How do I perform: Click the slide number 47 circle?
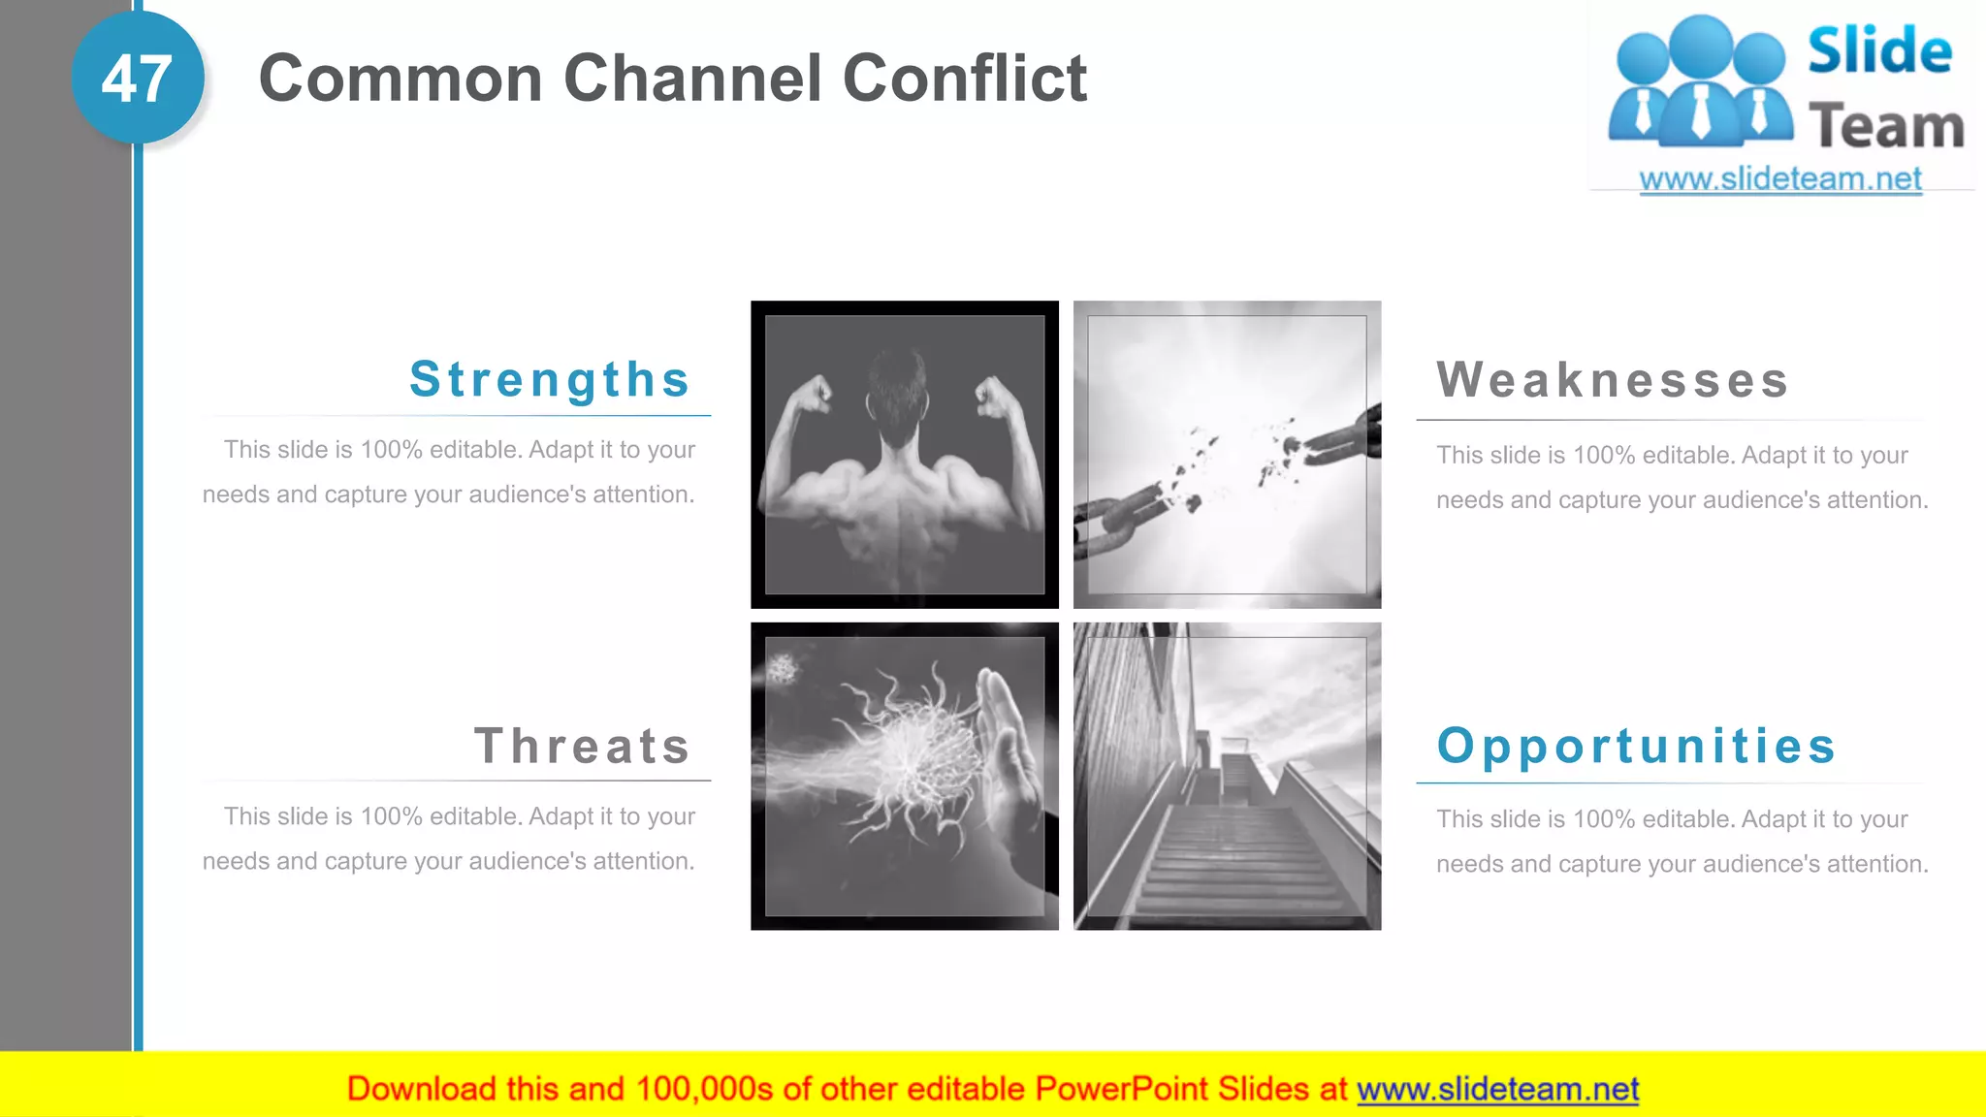click(x=137, y=79)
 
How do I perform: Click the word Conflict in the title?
click(x=965, y=79)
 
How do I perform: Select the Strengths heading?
click(x=550, y=379)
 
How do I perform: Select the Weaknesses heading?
click(x=1613, y=379)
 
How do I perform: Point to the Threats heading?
click(x=582, y=746)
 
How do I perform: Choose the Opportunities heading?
click(x=1637, y=746)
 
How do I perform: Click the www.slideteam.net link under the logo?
click(x=1780, y=179)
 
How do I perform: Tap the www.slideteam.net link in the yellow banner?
click(x=1497, y=1089)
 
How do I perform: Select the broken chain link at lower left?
click(x=1115, y=514)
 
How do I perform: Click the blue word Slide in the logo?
click(x=1879, y=51)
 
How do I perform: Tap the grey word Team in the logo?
click(x=1886, y=127)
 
